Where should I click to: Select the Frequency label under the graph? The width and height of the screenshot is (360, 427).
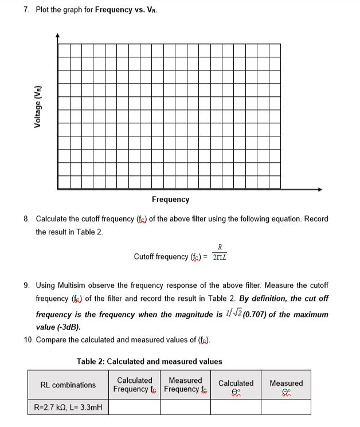click(170, 199)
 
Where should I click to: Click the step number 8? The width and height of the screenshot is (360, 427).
click(26, 220)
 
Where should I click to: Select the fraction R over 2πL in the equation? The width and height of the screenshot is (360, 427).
click(220, 253)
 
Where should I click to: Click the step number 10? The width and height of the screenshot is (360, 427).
click(28, 340)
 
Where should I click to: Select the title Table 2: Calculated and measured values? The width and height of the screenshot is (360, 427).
click(150, 361)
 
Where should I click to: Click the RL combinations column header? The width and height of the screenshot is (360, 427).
click(68, 385)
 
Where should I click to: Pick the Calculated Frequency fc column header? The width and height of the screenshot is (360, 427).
click(134, 385)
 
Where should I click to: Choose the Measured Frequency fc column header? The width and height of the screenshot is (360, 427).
click(185, 385)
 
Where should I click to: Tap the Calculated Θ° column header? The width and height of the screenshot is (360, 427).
click(236, 385)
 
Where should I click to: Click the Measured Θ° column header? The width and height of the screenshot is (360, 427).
click(285, 385)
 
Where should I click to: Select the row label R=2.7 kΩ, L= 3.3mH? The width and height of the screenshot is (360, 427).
click(68, 407)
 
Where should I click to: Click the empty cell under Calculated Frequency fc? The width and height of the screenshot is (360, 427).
click(134, 407)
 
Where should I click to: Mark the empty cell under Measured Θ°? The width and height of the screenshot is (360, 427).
click(285, 407)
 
